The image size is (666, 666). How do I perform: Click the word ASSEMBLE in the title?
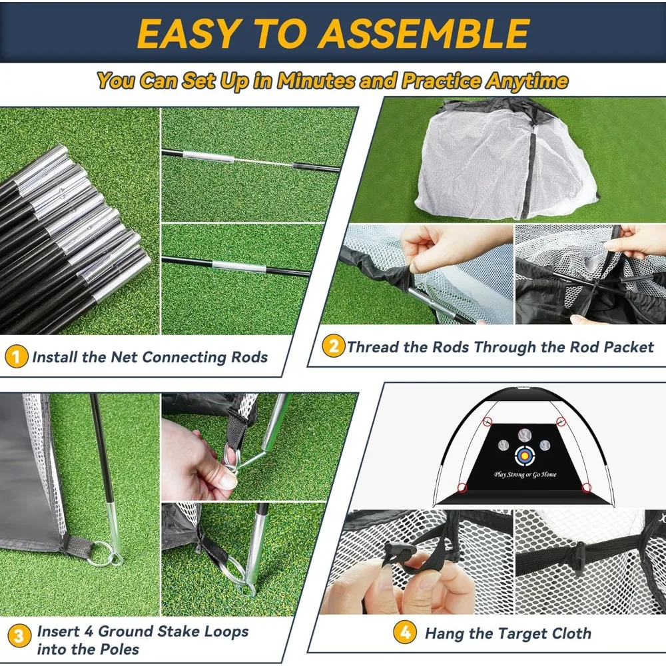(x=424, y=33)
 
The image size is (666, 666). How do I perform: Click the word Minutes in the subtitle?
(x=316, y=81)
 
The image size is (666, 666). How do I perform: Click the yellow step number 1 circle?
(x=16, y=356)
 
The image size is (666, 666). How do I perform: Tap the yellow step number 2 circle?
(x=334, y=346)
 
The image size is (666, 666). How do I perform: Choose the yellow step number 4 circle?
(x=405, y=633)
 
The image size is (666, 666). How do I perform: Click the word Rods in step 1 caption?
(x=249, y=357)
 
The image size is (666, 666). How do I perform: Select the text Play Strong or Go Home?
(x=525, y=474)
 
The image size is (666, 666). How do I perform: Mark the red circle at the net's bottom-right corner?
(x=587, y=488)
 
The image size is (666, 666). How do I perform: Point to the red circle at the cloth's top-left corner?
(x=488, y=422)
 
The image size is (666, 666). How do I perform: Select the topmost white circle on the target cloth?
(x=525, y=435)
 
